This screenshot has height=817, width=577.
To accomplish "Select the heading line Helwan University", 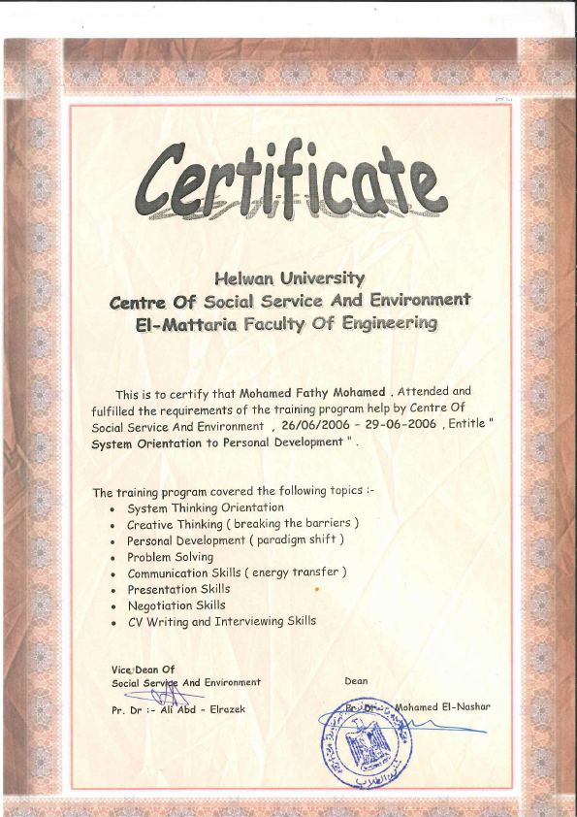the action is [x=289, y=279].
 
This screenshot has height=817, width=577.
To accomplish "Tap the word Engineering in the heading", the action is [x=389, y=322].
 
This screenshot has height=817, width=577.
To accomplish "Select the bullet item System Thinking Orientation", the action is [x=206, y=507].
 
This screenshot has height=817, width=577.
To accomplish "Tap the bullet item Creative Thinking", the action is [x=176, y=524].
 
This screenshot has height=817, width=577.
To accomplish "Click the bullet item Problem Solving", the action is [x=170, y=557].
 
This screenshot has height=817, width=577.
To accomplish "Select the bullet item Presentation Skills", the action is [x=178, y=589].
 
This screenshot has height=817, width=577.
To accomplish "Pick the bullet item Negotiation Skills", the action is [x=176, y=605].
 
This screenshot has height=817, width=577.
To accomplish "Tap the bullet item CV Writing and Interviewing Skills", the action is [x=221, y=621].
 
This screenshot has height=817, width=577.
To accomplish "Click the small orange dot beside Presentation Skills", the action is [x=317, y=589].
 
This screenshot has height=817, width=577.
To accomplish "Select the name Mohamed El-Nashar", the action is [x=442, y=706].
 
